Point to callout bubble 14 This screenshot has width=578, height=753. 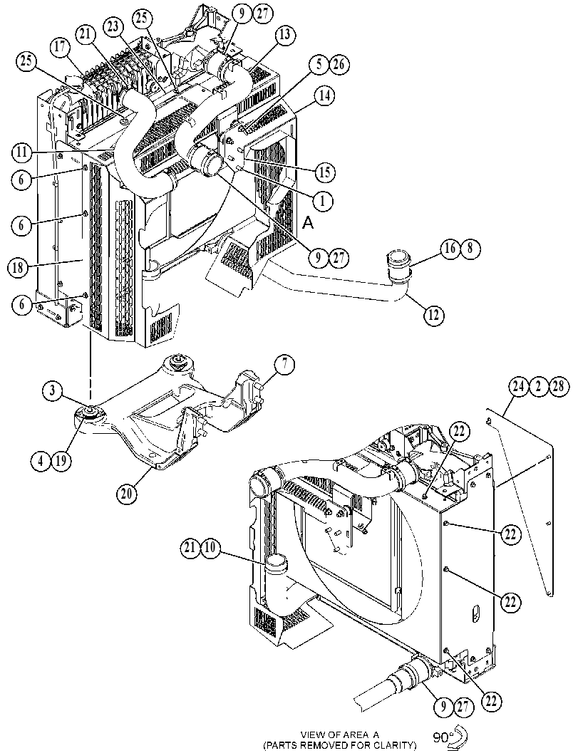click(x=324, y=95)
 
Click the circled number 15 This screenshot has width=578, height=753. click(x=325, y=172)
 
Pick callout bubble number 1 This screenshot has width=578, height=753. click(x=323, y=201)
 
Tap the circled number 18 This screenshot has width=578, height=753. click(x=19, y=269)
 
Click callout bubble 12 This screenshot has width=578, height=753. click(x=434, y=316)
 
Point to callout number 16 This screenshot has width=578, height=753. click(x=450, y=250)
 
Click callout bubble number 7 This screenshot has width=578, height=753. click(x=284, y=365)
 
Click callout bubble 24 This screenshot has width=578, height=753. click(x=519, y=387)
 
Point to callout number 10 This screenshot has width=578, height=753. click(x=211, y=549)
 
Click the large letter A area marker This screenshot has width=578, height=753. click(x=308, y=223)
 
